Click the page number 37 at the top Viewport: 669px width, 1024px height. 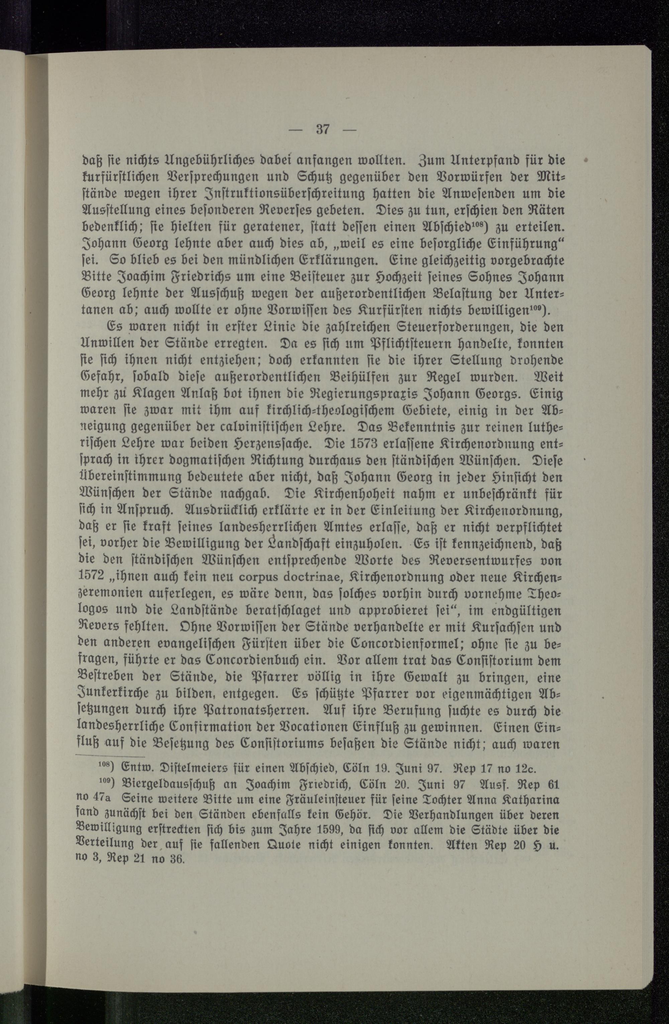tap(323, 129)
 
